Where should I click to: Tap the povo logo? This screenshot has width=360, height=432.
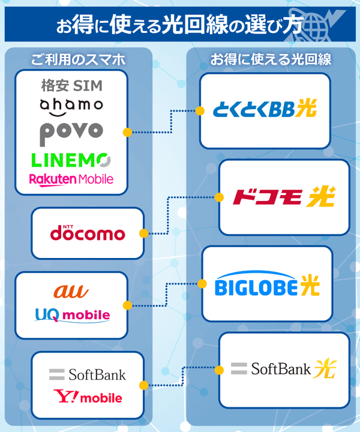click(71, 132)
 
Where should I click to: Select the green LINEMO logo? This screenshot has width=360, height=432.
click(71, 160)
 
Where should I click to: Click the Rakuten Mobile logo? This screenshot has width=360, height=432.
click(71, 178)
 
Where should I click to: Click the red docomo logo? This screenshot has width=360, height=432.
click(88, 233)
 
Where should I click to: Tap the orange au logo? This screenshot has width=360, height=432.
click(71, 292)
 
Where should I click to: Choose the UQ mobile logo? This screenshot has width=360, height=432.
click(72, 314)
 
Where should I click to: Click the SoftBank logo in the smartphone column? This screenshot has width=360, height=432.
click(88, 375)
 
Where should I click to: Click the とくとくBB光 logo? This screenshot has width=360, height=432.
click(265, 110)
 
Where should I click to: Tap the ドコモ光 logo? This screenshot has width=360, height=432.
click(284, 197)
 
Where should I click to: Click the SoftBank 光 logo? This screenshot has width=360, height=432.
click(284, 368)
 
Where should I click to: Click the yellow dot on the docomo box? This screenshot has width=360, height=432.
click(143, 233)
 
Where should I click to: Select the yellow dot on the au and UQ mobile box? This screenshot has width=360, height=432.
click(127, 305)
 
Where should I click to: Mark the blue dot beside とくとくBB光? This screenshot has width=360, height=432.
click(200, 110)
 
